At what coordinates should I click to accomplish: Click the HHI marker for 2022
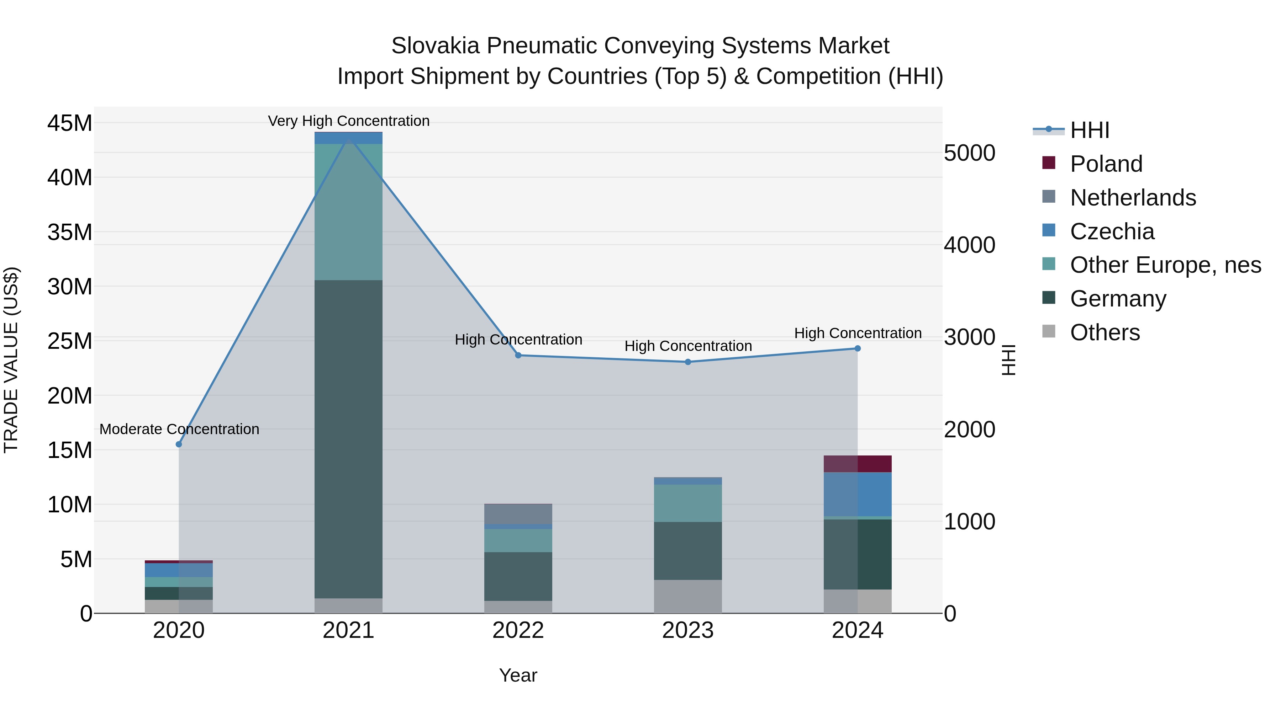tap(518, 355)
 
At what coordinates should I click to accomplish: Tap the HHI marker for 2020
tap(179, 444)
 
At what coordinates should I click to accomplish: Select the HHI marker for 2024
tap(857, 348)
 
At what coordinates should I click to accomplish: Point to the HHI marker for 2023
tap(688, 362)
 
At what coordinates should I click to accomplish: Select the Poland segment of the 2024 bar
tap(857, 464)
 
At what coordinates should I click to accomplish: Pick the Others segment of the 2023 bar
tap(688, 596)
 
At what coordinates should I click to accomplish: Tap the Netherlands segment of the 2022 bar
tap(518, 514)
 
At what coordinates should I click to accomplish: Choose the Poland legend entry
tap(1106, 164)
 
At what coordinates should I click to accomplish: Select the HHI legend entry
tap(1089, 130)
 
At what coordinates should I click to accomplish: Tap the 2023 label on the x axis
tap(688, 630)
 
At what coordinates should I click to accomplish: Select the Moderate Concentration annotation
tap(179, 429)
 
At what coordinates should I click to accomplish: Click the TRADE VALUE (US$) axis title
tap(11, 360)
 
